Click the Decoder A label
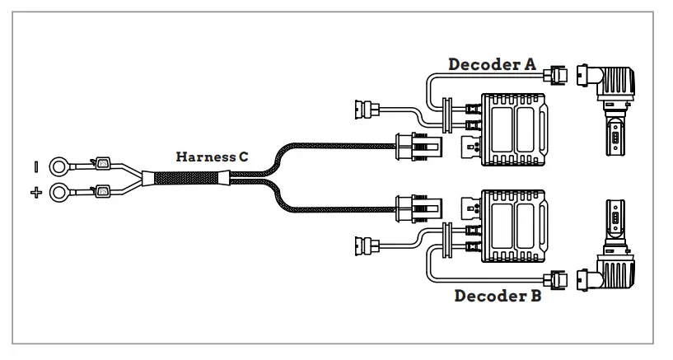(x=492, y=63)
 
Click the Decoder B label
(x=498, y=295)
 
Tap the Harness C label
(x=212, y=155)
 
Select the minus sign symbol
(x=37, y=166)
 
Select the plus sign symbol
(x=36, y=194)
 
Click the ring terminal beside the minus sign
(x=59, y=166)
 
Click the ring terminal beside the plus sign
(x=59, y=195)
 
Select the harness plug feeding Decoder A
(x=410, y=147)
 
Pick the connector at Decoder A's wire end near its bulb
(x=558, y=76)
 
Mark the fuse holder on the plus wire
(x=103, y=192)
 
